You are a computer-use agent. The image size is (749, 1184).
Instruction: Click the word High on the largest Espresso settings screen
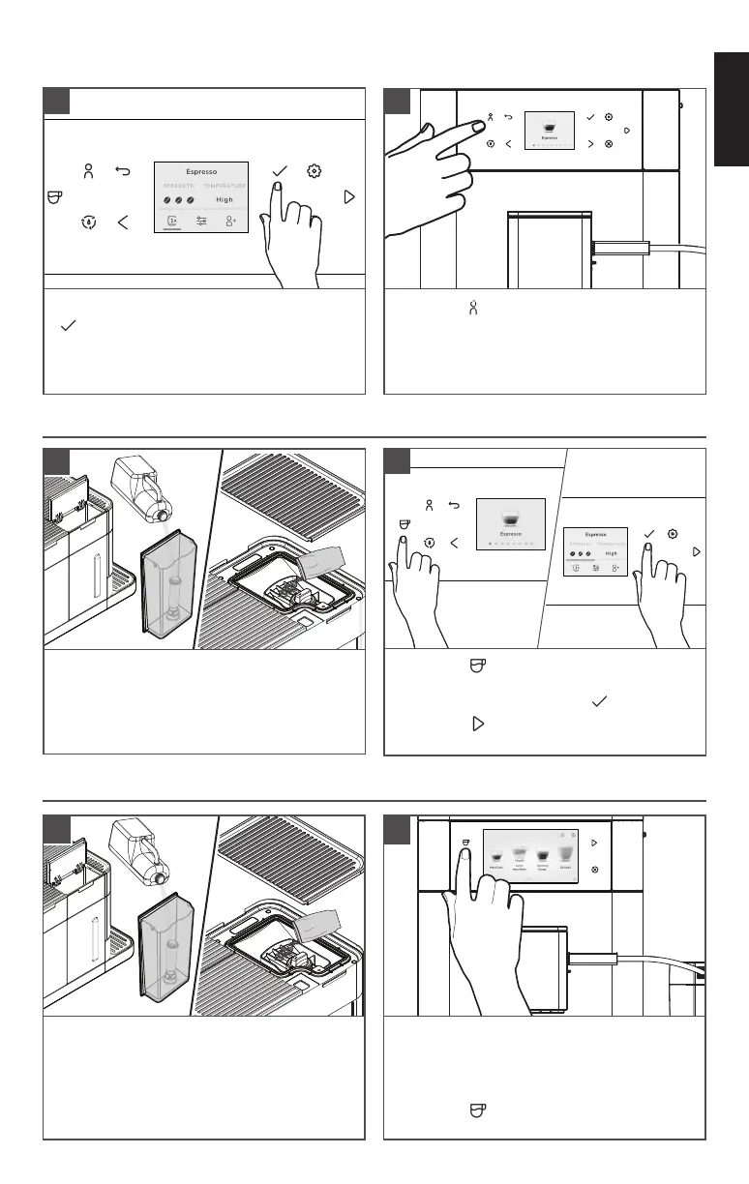pyautogui.click(x=225, y=200)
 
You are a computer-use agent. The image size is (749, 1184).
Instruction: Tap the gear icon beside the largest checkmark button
pyautogui.click(x=314, y=171)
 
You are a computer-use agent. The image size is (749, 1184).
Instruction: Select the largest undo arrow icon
pyautogui.click(x=123, y=172)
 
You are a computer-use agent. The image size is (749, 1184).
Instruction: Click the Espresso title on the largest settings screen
pyautogui.click(x=201, y=172)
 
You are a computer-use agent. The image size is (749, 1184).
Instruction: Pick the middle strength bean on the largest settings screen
pyautogui.click(x=179, y=200)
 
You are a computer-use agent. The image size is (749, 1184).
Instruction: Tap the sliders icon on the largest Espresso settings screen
pyautogui.click(x=201, y=221)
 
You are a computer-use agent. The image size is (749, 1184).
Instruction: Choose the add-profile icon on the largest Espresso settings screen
pyautogui.click(x=230, y=221)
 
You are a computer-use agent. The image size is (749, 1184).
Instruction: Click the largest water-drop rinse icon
pyautogui.click(x=88, y=222)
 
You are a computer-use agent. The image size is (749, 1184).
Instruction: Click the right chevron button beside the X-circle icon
pyautogui.click(x=589, y=144)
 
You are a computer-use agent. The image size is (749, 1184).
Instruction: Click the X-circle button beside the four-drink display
pyautogui.click(x=594, y=870)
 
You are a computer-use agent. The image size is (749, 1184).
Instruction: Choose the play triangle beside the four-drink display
pyautogui.click(x=594, y=843)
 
